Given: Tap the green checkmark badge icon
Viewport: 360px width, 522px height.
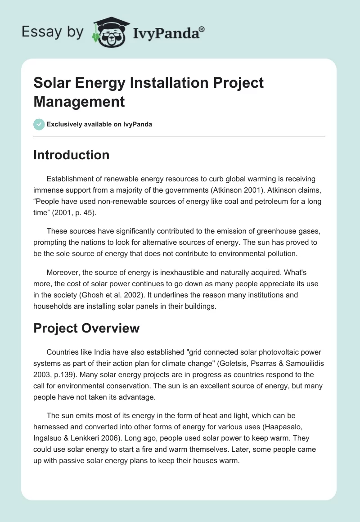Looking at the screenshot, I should (39, 124).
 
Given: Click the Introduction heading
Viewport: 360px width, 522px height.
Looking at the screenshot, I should (71, 155).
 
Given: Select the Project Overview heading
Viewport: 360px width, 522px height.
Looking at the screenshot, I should (86, 328).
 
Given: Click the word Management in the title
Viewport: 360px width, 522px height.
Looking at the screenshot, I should (79, 101).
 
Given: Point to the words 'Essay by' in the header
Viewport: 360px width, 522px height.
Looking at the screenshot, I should (53, 31).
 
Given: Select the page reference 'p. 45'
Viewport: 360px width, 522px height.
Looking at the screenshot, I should (83, 213).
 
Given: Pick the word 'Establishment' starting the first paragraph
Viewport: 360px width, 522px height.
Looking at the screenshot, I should (70, 178).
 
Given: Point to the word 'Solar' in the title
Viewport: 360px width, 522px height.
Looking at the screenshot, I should (52, 83).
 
